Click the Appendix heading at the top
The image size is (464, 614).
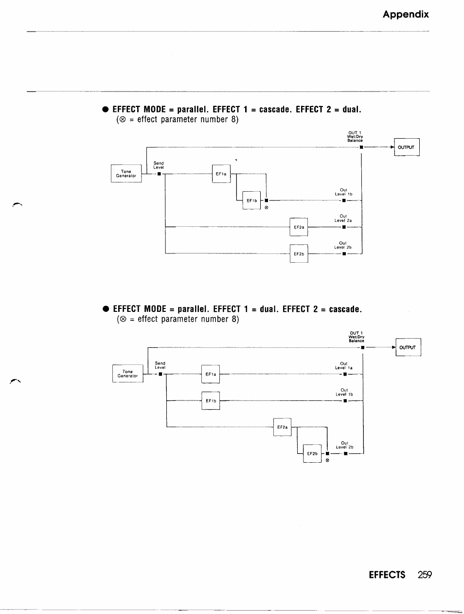pos(406,14)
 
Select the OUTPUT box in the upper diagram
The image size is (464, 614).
pos(407,147)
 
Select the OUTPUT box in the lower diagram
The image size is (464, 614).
pos(408,347)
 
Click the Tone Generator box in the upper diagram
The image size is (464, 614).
pos(126,173)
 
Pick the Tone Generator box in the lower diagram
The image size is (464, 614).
pos(128,374)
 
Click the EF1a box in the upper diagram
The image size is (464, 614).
pos(221,174)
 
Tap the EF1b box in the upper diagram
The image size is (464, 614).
pos(251,200)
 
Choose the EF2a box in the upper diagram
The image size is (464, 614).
pos(299,227)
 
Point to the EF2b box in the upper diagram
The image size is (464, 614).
pos(299,253)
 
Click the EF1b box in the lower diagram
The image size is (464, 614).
pos(211,400)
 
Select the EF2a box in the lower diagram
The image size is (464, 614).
pos(282,427)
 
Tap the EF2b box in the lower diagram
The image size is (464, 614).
pos(312,453)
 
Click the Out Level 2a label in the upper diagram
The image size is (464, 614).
pos(343,218)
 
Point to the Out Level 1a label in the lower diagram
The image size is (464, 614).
pos(344,365)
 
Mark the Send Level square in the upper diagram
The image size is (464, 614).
pos(159,174)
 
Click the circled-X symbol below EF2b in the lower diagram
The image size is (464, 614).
pos(327,460)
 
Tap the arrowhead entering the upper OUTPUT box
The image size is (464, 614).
pos(393,147)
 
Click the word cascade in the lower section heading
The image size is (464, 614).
pos(345,309)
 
